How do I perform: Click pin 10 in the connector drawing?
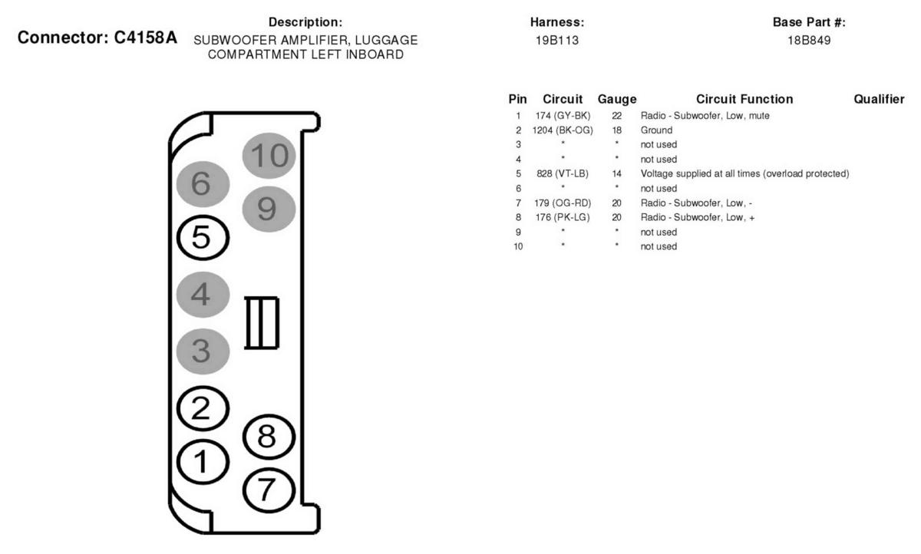pyautogui.click(x=269, y=155)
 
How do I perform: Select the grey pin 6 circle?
pyautogui.click(x=203, y=183)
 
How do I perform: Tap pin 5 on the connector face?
pyautogui.click(x=203, y=238)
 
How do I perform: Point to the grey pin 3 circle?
pyautogui.click(x=203, y=351)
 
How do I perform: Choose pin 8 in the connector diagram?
pyautogui.click(x=269, y=437)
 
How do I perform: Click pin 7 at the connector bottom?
pyautogui.click(x=269, y=490)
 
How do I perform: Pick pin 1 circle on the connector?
pyautogui.click(x=203, y=462)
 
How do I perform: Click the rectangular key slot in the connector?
pyautogui.click(x=262, y=323)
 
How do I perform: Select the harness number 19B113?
pyautogui.click(x=557, y=40)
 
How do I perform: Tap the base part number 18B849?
pyautogui.click(x=809, y=40)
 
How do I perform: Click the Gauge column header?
pyautogui.click(x=617, y=99)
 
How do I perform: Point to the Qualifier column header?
pyautogui.click(x=879, y=99)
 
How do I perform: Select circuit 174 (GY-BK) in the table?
pyautogui.click(x=563, y=116)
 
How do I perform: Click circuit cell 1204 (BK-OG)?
pyautogui.click(x=563, y=130)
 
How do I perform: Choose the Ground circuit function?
pyautogui.click(x=657, y=130)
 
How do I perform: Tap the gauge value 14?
pyautogui.click(x=617, y=174)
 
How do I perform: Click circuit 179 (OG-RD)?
pyautogui.click(x=563, y=203)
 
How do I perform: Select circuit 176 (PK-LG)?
pyautogui.click(x=563, y=217)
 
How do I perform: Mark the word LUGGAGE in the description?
pyautogui.click(x=386, y=40)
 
